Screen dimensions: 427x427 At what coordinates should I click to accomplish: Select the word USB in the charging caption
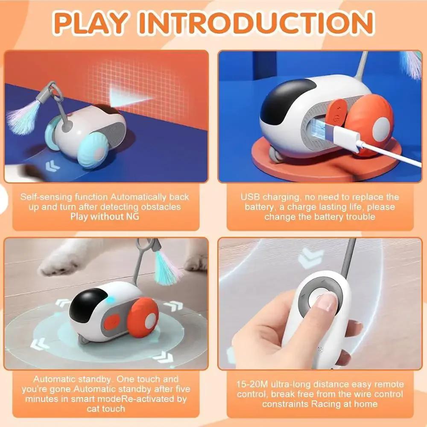(x=250, y=197)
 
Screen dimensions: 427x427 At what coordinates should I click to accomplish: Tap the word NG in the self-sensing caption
(x=133, y=216)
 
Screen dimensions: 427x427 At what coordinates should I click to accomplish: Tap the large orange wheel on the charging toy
(x=370, y=124)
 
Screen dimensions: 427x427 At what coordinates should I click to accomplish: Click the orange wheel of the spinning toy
(x=143, y=317)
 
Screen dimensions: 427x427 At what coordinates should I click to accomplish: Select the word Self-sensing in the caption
(x=46, y=197)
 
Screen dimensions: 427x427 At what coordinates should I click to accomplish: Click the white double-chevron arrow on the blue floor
(x=52, y=166)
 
